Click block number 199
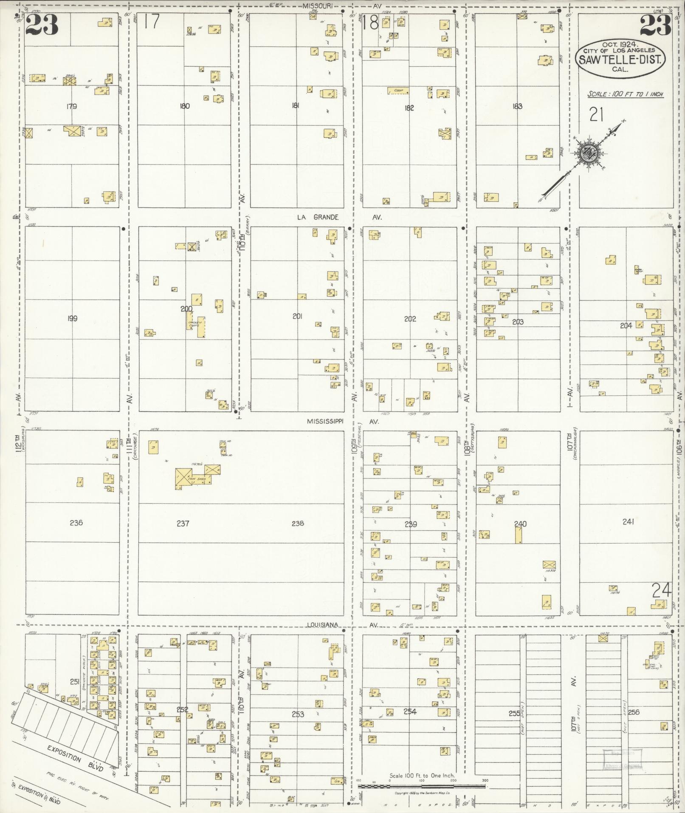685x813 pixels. [72, 318]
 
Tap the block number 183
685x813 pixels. [517, 106]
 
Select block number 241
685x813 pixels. [628, 522]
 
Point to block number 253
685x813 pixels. [298, 714]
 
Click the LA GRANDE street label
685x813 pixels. [318, 217]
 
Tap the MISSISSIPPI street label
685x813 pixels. [325, 421]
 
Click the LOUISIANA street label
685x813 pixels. [324, 624]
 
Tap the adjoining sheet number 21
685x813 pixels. [597, 114]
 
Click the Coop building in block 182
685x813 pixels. [398, 91]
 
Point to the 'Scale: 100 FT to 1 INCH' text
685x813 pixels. [625, 94]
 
